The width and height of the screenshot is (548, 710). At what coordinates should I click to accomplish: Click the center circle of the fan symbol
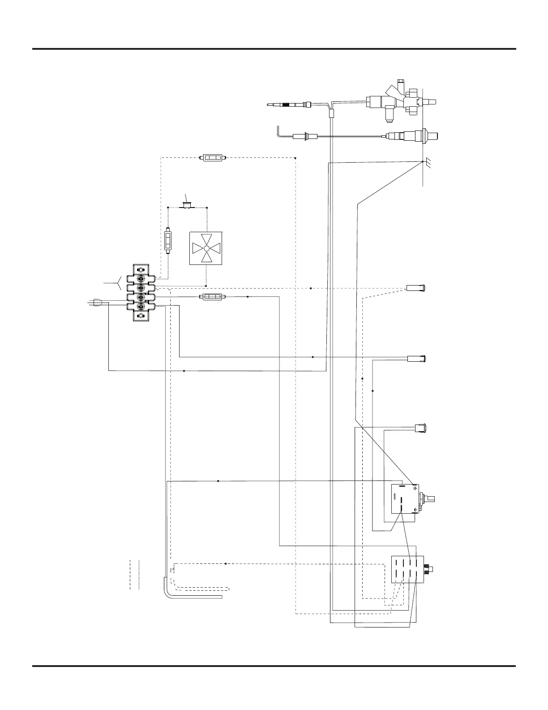206,248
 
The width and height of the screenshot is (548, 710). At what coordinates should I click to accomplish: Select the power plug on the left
98,303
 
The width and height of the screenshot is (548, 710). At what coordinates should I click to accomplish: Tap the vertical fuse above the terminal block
168,241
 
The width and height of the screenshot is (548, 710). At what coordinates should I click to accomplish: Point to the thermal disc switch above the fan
187,205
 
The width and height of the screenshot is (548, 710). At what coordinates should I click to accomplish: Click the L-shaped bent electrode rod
279,133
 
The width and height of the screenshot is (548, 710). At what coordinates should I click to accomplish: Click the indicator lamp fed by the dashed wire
417,287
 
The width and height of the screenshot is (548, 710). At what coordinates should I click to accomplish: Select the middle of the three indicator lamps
417,358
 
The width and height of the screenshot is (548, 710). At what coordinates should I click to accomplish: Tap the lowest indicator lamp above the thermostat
420,428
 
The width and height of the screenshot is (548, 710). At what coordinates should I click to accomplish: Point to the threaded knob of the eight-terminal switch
429,570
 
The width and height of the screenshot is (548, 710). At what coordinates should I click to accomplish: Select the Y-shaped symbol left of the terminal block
117,283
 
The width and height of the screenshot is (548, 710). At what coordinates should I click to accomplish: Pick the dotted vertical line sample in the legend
139,574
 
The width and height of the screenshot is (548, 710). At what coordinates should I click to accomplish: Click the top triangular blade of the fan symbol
206,238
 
